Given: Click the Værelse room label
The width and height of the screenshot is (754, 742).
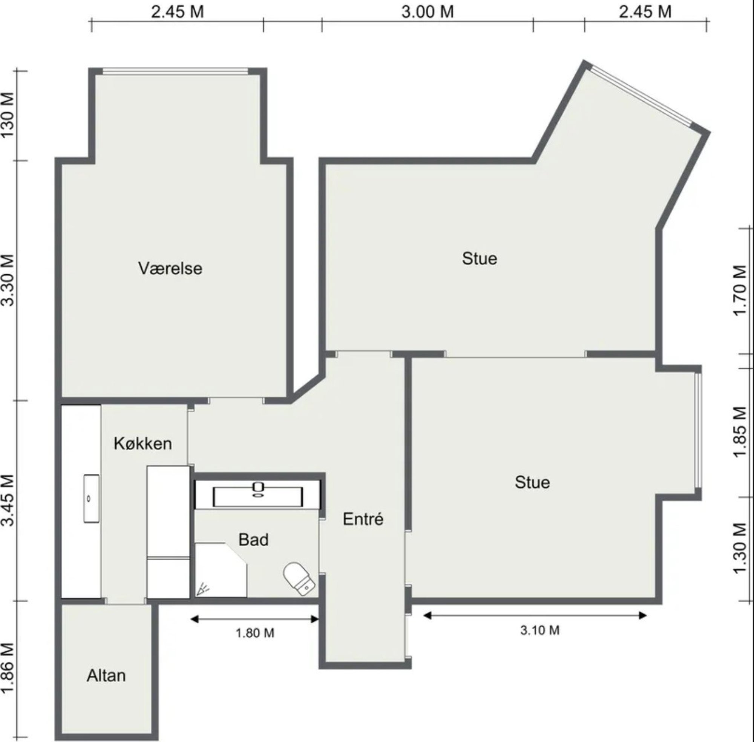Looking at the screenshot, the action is [x=170, y=269].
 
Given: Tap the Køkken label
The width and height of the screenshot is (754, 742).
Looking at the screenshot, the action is [x=143, y=444].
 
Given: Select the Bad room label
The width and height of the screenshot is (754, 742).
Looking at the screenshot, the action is [x=253, y=540].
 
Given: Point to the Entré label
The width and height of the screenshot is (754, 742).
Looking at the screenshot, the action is [x=363, y=519].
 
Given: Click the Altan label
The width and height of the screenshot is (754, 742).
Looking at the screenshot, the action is [x=106, y=675].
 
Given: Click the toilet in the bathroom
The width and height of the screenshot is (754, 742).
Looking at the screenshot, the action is [x=299, y=579].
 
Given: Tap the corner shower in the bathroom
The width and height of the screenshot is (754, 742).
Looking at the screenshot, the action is [x=221, y=570].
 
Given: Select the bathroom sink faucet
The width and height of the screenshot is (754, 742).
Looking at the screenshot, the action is [x=257, y=489].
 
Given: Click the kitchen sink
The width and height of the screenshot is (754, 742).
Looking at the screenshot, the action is [x=91, y=499].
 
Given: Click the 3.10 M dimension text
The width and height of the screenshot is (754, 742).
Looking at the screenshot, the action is [x=540, y=630].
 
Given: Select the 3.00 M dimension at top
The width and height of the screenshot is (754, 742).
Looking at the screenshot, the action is [x=428, y=12].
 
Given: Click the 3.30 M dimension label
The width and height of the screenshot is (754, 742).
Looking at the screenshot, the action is [x=8, y=280].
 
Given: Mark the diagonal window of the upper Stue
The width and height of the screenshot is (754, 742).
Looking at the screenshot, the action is [x=641, y=96].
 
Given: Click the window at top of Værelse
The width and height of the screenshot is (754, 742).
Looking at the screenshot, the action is [x=175, y=71].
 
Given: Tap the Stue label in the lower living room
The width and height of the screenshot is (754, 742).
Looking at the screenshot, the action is [x=532, y=482].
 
